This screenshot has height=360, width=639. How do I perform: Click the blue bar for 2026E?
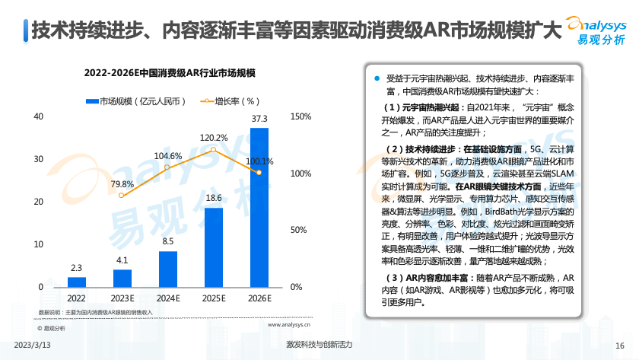coord(259,207)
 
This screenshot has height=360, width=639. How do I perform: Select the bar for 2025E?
coord(214,247)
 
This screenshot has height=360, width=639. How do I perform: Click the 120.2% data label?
coord(214,138)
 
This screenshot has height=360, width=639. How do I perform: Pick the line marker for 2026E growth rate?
coord(259,173)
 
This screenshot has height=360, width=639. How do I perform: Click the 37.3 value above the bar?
coord(259,119)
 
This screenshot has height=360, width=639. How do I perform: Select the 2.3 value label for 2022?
coord(76,268)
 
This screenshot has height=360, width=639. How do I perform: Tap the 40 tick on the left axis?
coord(38,116)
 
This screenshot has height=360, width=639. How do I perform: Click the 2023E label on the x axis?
coord(122,298)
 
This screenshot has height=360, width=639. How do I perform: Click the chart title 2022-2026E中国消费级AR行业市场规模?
coord(169,72)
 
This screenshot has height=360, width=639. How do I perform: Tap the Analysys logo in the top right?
coord(597,30)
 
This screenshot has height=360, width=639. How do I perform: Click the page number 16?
coord(619,345)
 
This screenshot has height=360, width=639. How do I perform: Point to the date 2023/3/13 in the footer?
coord(33,345)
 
